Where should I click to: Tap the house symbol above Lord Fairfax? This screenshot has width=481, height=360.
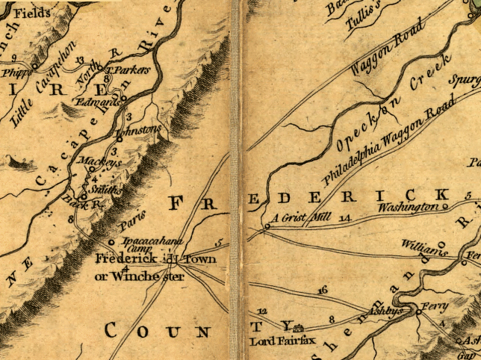click(x=299, y=328)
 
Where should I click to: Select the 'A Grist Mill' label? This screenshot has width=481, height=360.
click(x=299, y=217)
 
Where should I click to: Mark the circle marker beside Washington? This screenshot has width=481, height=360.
click(x=445, y=206)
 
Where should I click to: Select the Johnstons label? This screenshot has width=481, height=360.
click(x=142, y=129)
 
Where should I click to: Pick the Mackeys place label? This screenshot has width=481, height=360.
click(x=89, y=161)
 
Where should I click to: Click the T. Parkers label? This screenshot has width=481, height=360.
click(x=128, y=69)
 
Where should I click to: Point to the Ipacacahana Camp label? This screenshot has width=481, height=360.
click(x=141, y=245)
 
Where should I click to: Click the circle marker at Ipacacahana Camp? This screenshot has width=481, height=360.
click(x=112, y=242)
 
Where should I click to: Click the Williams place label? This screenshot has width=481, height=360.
click(x=423, y=248)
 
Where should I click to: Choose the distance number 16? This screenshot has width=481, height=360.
click(x=322, y=289)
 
